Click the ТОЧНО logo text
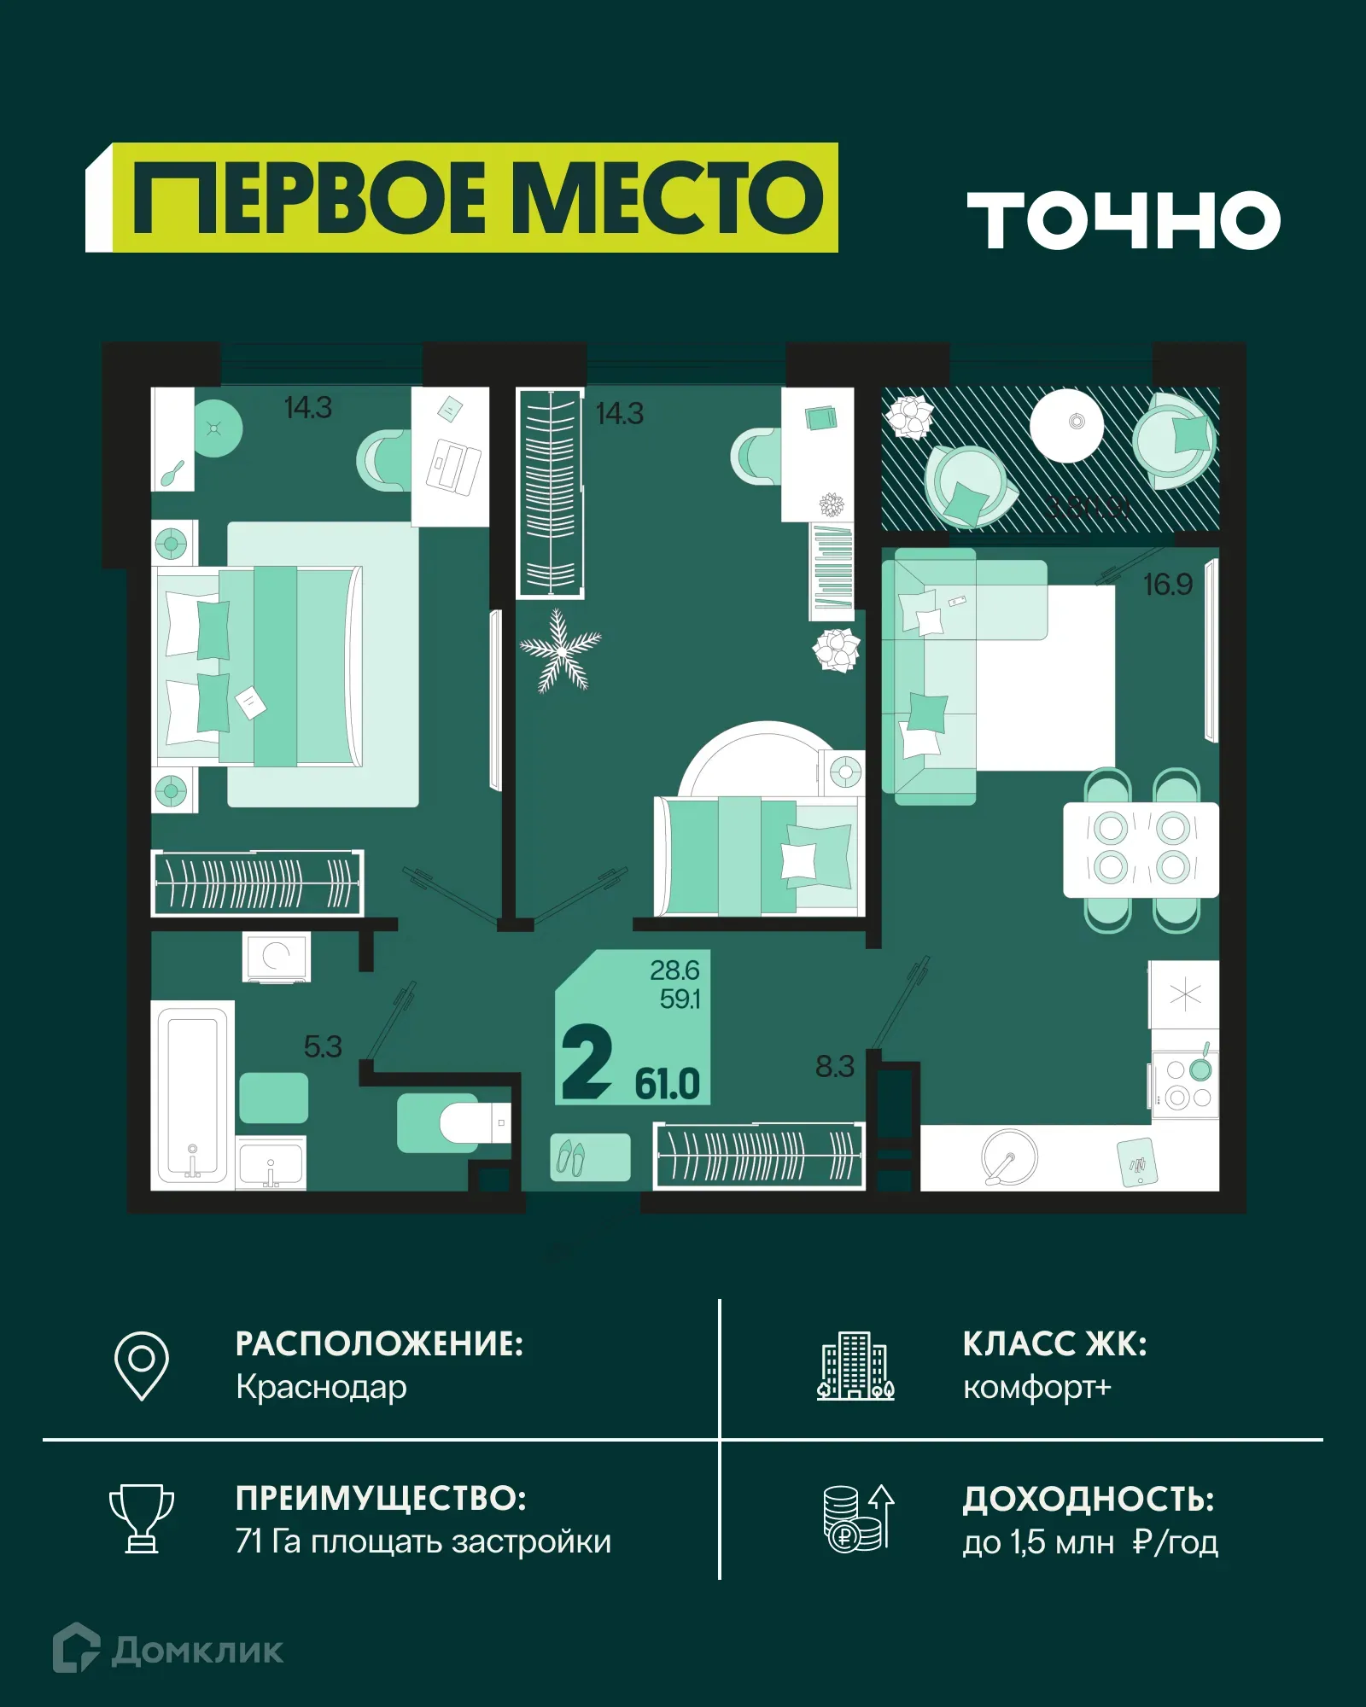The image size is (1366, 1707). (x=1123, y=220)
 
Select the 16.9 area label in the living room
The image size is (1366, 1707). (x=1167, y=585)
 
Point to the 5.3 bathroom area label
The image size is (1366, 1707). (x=323, y=1047)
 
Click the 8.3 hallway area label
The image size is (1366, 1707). (x=834, y=1067)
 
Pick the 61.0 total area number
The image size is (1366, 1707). (x=667, y=1085)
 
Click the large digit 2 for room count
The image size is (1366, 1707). (x=587, y=1063)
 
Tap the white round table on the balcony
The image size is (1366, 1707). (x=1066, y=424)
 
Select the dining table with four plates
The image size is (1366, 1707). (x=1141, y=849)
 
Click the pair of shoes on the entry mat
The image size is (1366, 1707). (x=571, y=1157)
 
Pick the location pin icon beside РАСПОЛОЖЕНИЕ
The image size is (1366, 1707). (x=142, y=1365)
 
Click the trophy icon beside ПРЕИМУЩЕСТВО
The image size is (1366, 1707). (x=142, y=1518)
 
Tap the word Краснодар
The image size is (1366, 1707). (x=321, y=1387)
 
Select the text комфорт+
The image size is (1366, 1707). (x=1036, y=1387)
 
